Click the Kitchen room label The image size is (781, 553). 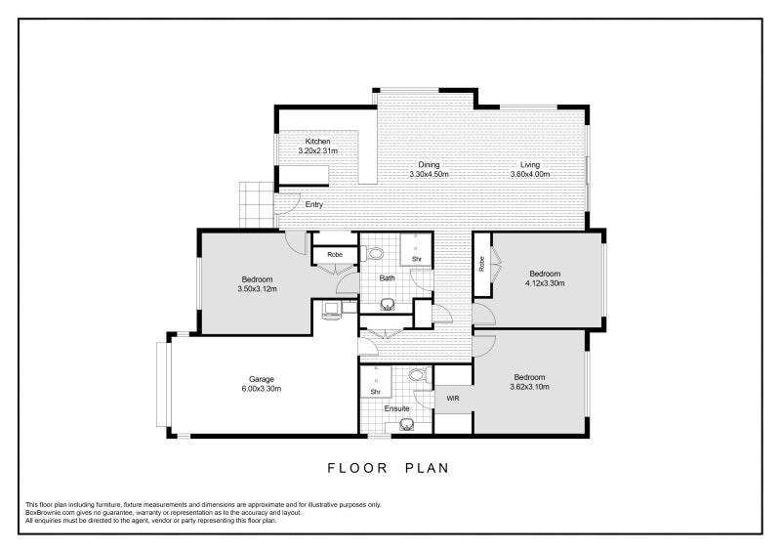[318, 141]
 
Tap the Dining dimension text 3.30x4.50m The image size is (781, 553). [429, 174]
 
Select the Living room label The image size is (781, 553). [530, 164]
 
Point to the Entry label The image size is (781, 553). [313, 204]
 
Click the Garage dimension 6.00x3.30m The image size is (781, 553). [262, 389]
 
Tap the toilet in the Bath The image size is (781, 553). [374, 253]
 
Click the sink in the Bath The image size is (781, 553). [388, 304]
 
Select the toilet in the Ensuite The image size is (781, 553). [419, 375]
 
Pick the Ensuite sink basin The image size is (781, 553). [407, 425]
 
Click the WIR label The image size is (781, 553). [453, 399]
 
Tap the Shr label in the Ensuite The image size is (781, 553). [376, 392]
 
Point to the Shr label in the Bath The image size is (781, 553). [417, 259]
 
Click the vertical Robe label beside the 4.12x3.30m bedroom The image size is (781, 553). [481, 264]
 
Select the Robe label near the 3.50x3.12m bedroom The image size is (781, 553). [335, 255]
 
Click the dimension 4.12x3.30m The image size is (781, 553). [545, 283]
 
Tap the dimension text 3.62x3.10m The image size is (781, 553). [529, 387]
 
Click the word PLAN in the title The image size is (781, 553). [427, 468]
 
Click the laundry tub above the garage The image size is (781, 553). [332, 310]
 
